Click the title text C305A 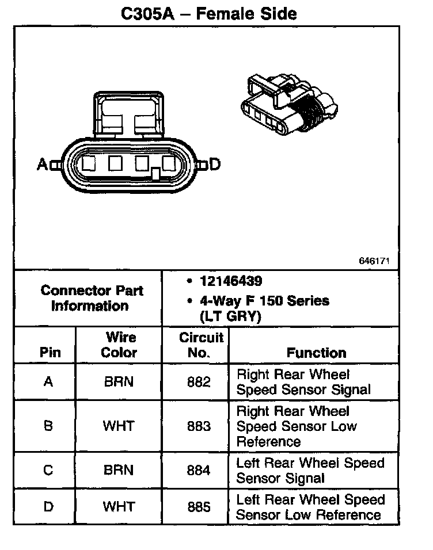pyautogui.click(x=147, y=14)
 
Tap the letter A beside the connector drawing pyautogui.click(x=43, y=164)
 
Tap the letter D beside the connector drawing pyautogui.click(x=215, y=164)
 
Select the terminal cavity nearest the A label pyautogui.click(x=89, y=163)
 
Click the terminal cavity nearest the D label pyautogui.click(x=169, y=163)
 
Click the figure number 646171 pyautogui.click(x=374, y=261)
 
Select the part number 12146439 pyautogui.click(x=231, y=281)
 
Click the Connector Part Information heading pyautogui.click(x=92, y=298)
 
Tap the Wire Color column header pyautogui.click(x=119, y=345)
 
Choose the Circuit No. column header pyautogui.click(x=201, y=345)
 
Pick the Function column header pyautogui.click(x=317, y=353)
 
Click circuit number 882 pyautogui.click(x=199, y=381)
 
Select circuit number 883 pyautogui.click(x=199, y=426)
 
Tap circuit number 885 pyautogui.click(x=199, y=506)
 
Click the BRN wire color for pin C pyautogui.click(x=119, y=470)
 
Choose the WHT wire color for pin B pyautogui.click(x=119, y=426)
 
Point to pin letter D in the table pyautogui.click(x=48, y=506)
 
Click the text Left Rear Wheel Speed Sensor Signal pyautogui.click(x=310, y=471)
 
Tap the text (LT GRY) pyautogui.click(x=231, y=316)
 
